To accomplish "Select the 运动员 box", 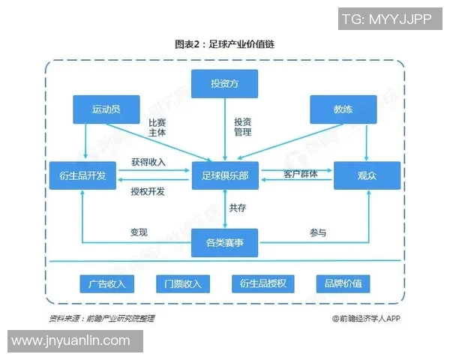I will click(106, 109).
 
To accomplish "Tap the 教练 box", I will click(343, 109).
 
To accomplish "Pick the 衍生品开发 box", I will click(82, 175).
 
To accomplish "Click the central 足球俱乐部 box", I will click(225, 175).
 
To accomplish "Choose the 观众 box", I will click(367, 175).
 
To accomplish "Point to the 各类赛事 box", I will click(225, 242).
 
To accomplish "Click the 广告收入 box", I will click(106, 283).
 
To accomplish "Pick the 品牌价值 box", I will click(343, 283).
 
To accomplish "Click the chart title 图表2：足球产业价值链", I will click(224, 44).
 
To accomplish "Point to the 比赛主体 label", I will click(157, 127).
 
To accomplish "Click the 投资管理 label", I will click(242, 127).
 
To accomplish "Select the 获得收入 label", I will click(148, 162).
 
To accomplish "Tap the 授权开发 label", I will click(148, 191).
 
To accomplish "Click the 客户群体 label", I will click(300, 175).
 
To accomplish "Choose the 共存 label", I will click(238, 208).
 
